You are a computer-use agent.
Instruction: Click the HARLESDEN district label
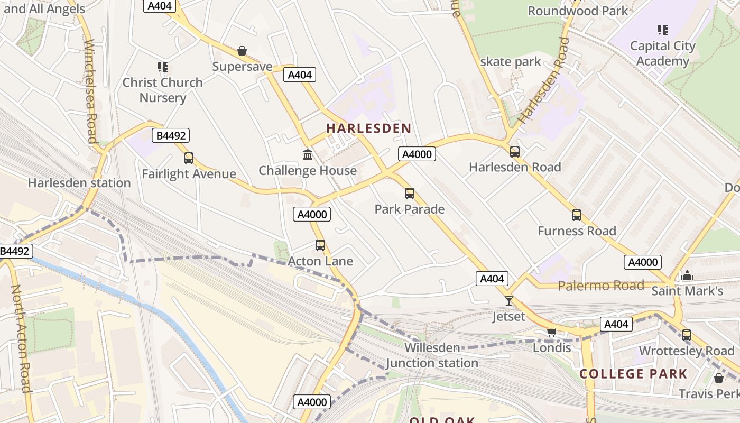coord(368,128)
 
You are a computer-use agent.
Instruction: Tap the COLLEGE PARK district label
coord(633,374)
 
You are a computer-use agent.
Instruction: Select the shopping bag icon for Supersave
coord(242,51)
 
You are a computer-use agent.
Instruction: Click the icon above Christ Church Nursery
coord(163,67)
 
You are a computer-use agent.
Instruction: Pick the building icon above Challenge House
coord(308,154)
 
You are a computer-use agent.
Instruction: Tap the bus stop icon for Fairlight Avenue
coord(189,158)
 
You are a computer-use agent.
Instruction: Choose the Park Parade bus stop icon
coord(410,194)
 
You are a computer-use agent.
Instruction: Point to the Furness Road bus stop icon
coord(577,215)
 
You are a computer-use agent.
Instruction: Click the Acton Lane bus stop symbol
coord(320,245)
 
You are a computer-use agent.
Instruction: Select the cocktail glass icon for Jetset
coord(509,301)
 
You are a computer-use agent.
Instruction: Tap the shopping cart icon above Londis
coord(552,332)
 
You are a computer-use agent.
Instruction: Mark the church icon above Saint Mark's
coord(687,275)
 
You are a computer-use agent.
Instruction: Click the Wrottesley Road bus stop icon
coord(687,335)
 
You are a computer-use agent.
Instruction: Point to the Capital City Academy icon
coord(663,30)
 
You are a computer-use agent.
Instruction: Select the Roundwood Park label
coord(578,11)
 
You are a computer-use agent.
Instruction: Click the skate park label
coord(511,62)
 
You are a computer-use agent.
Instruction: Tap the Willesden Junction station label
coord(432,355)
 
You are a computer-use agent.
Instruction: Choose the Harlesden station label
coord(79,183)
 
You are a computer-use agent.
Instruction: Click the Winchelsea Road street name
coord(89,91)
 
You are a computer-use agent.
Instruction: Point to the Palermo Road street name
coord(601,286)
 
